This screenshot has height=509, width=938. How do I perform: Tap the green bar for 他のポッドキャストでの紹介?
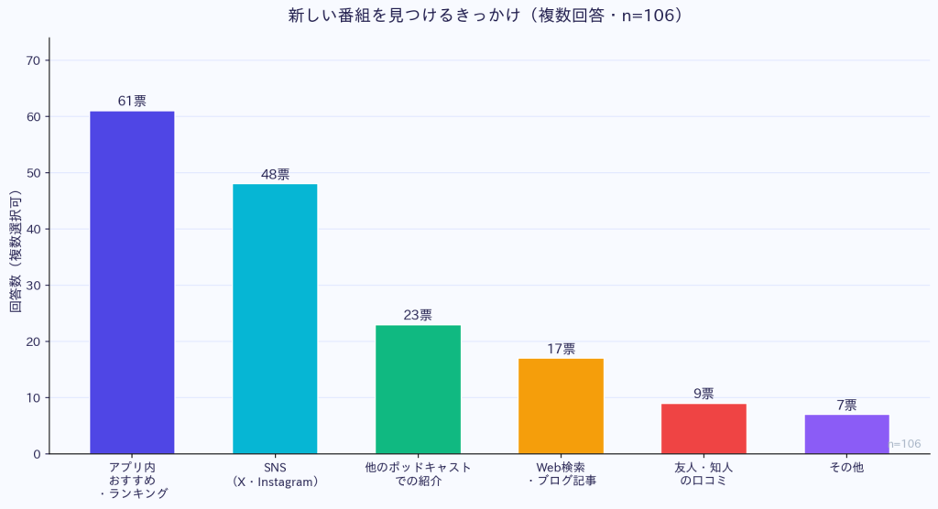[x=418, y=389]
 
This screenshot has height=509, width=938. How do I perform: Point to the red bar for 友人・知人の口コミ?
[x=703, y=428]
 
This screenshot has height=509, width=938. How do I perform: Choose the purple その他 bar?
[x=846, y=434]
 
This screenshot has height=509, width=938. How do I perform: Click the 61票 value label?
[x=132, y=101]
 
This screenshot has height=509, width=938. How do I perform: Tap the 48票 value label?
[x=275, y=174]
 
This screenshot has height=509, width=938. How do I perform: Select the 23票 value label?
[x=418, y=315]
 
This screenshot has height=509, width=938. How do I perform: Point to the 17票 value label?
[x=561, y=349]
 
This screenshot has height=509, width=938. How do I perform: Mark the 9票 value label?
[x=703, y=394]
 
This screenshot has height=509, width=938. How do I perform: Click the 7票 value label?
[x=846, y=405]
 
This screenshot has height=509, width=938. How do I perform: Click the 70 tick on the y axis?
[x=33, y=60]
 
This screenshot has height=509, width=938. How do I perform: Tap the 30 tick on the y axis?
[x=33, y=286]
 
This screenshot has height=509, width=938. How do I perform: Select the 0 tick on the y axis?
[x=37, y=454]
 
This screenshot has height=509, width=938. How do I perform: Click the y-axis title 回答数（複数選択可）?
[x=16, y=252]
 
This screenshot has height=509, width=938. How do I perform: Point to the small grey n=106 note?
[x=904, y=444]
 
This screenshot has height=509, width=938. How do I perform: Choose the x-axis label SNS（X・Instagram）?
[x=275, y=474]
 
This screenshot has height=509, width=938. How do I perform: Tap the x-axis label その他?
[x=846, y=467]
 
